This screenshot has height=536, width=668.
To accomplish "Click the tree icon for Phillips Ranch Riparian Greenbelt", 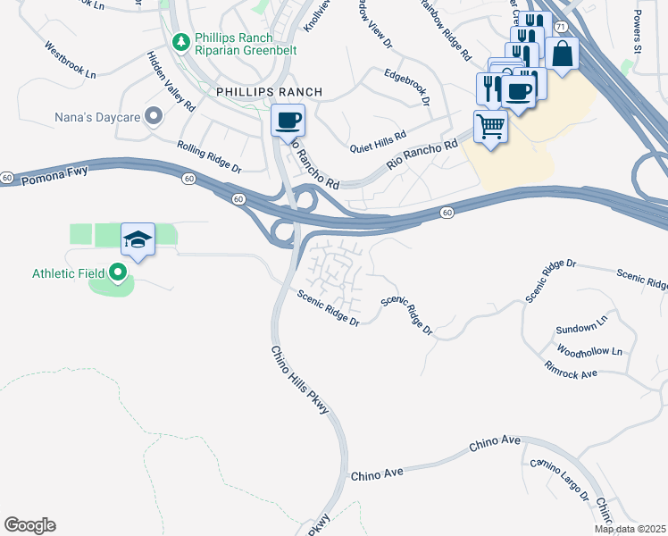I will click(180, 42).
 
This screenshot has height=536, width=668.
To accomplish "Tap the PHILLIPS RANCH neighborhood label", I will click(268, 92).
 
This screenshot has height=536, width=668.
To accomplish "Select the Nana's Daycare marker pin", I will click(153, 115).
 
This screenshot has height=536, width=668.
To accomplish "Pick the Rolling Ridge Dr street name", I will click(209, 156).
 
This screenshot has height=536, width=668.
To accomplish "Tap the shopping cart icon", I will click(490, 126).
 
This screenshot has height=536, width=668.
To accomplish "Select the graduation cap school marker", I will click(138, 239).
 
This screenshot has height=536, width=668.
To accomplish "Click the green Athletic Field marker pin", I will click(118, 273).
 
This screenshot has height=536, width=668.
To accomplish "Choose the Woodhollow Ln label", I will click(589, 350).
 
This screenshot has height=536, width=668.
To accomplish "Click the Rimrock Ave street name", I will click(571, 369).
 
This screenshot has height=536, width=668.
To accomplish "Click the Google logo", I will click(29, 525).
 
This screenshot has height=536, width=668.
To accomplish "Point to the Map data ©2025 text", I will click(629, 529).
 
